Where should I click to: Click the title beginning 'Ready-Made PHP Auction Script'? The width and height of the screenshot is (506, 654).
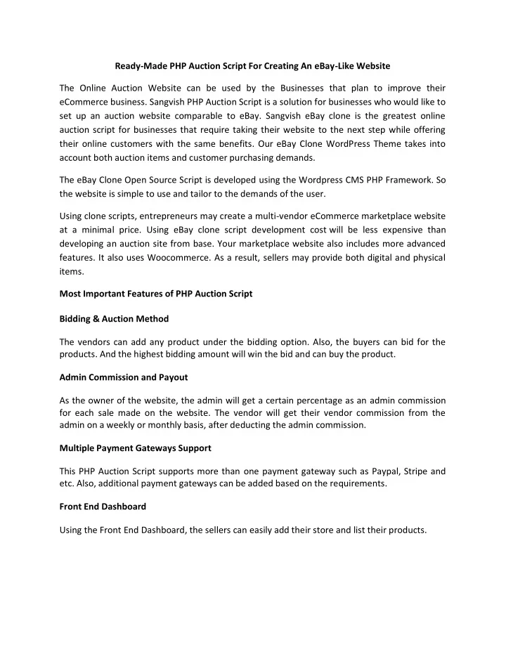coord(252,65)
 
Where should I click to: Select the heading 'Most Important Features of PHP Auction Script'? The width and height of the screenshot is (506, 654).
coord(155,294)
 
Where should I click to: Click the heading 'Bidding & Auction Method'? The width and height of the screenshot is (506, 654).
coord(114,318)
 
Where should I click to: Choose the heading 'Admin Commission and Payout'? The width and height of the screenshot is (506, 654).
coord(123,378)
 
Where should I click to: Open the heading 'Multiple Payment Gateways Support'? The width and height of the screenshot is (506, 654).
coord(136,447)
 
